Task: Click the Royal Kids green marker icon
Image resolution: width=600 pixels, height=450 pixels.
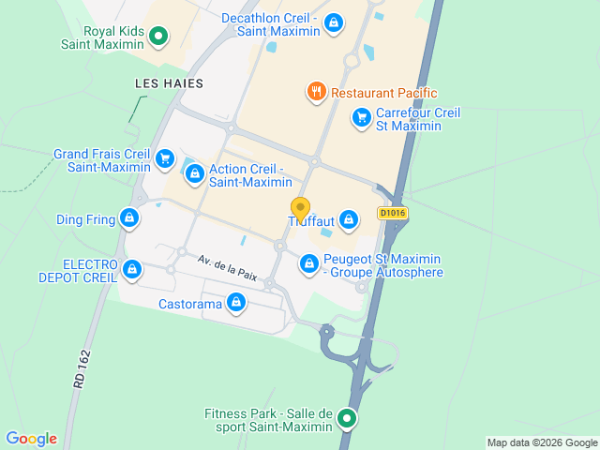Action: (x=159, y=37)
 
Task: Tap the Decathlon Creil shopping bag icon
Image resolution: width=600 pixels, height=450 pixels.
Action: (x=334, y=24)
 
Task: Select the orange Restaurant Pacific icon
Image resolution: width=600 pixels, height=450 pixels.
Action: (x=316, y=92)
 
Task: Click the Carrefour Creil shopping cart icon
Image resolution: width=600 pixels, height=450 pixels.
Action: (x=361, y=118)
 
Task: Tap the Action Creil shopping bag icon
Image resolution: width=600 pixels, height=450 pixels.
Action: (x=195, y=174)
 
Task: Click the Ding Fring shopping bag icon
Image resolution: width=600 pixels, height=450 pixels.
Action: (x=129, y=219)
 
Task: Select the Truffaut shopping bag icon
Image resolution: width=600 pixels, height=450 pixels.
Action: (x=349, y=220)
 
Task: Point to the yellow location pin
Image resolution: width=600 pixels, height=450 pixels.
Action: (x=300, y=209)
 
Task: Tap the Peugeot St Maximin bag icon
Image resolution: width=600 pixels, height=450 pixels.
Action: (x=308, y=265)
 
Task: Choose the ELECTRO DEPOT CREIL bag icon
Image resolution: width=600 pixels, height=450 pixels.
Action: (x=131, y=272)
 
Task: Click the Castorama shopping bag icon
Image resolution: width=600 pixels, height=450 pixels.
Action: (x=237, y=303)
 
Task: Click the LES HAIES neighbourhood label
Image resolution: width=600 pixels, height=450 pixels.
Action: (x=169, y=83)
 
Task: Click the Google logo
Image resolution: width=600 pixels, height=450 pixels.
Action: (x=31, y=439)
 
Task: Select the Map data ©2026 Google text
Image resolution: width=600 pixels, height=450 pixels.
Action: (x=541, y=442)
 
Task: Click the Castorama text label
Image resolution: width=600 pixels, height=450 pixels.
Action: (x=190, y=304)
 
